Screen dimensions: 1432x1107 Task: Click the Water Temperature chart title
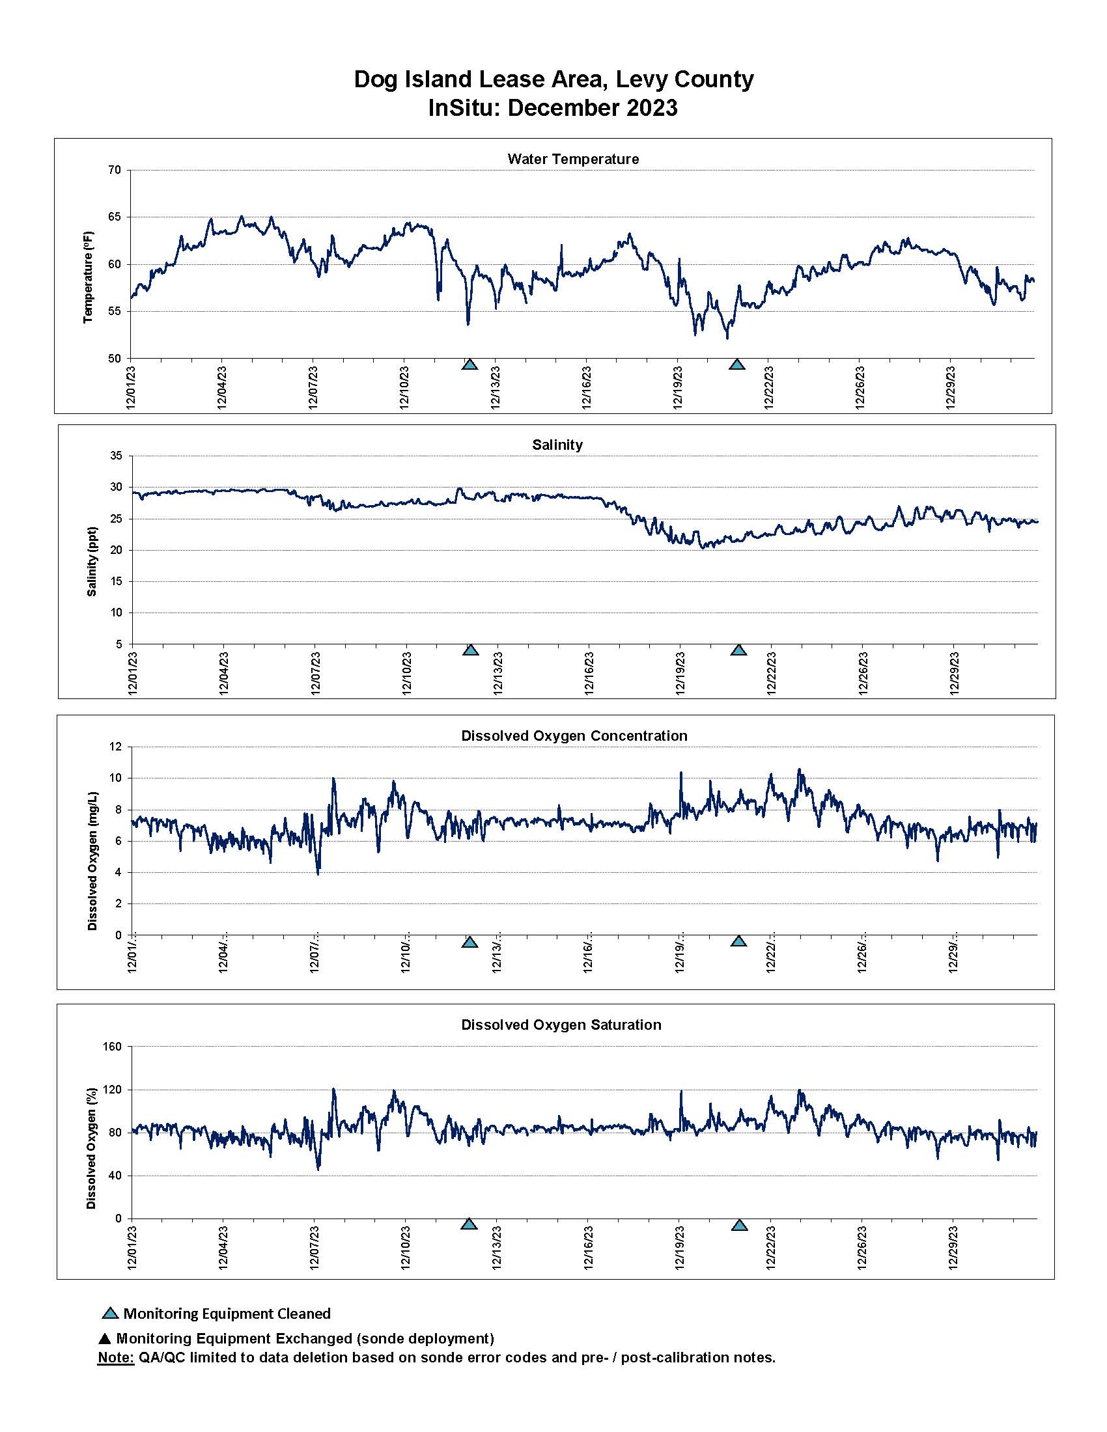pos(572,159)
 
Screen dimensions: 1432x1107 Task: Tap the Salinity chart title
pos(557,445)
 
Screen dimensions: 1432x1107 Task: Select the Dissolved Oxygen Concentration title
pos(574,736)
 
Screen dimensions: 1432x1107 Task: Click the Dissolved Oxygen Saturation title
pos(561,1025)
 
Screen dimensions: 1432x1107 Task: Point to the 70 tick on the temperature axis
pos(115,170)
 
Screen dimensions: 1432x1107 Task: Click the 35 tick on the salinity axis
pos(116,456)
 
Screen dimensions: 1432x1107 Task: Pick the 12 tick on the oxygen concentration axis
pos(116,747)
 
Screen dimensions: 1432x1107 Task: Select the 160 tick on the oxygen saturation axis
pos(113,1047)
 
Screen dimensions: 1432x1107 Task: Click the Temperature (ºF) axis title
pos(89,277)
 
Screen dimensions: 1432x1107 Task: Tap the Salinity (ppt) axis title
pos(92,561)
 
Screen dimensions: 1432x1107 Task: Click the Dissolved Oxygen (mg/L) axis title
pos(92,861)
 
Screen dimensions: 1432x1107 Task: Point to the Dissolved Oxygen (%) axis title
pos(91,1148)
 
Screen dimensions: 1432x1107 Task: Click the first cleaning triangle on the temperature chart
pos(469,365)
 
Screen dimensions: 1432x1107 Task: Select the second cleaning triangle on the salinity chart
pos(739,650)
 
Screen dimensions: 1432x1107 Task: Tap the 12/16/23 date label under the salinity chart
pos(588,673)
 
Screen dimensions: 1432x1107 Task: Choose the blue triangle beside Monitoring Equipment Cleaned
pos(110,1314)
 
